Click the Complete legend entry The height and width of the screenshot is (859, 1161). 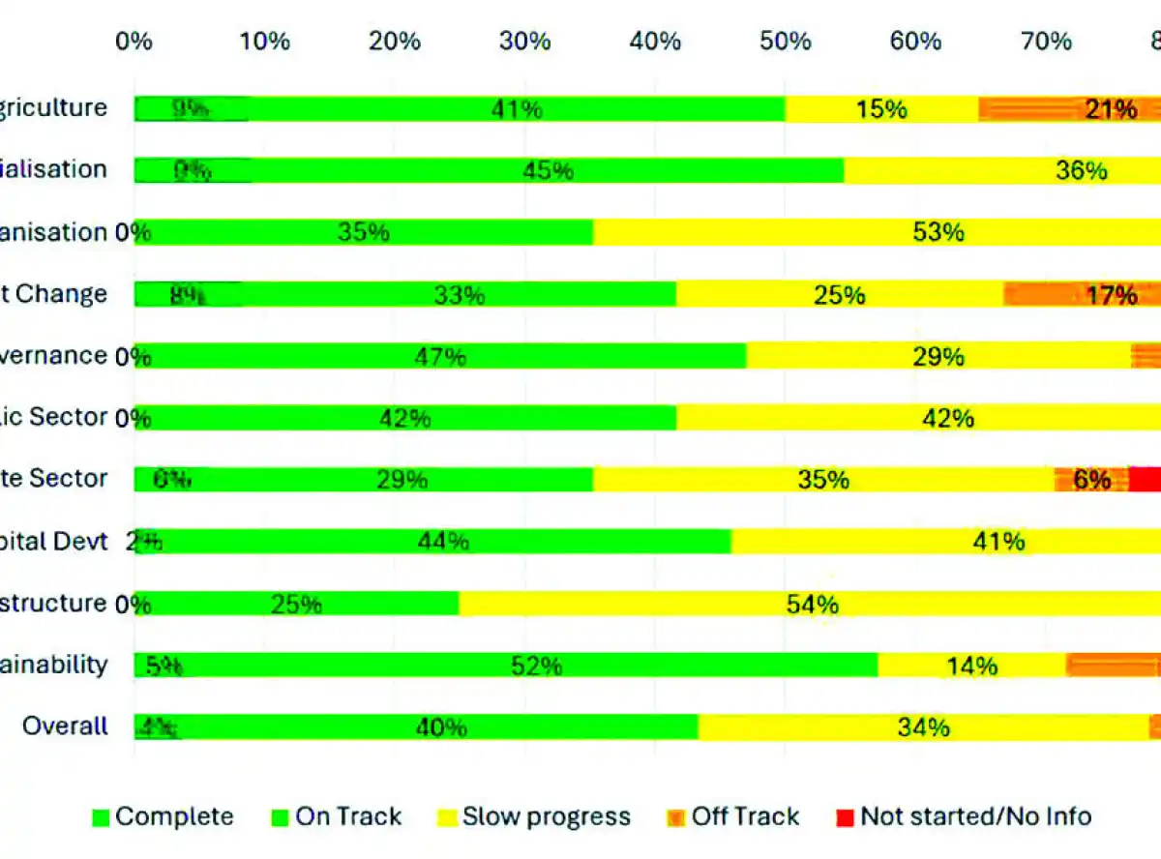(x=163, y=816)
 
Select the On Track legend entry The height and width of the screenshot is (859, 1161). (x=337, y=816)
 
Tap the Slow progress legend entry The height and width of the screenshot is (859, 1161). (x=534, y=816)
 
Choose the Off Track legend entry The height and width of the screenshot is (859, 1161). (x=733, y=816)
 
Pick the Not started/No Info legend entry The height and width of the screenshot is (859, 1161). (x=963, y=816)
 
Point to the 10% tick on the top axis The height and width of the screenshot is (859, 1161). (x=264, y=41)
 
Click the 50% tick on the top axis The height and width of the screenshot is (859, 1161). (x=786, y=41)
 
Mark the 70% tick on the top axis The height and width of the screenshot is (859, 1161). (x=1047, y=41)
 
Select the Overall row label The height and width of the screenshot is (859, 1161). (x=65, y=726)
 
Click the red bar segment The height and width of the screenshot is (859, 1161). (x=1146, y=479)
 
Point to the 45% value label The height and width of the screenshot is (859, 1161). (x=548, y=171)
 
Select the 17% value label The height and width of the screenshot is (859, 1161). (x=1112, y=295)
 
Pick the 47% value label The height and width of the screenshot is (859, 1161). (x=440, y=357)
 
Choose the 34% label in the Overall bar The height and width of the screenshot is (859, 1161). (x=924, y=726)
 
